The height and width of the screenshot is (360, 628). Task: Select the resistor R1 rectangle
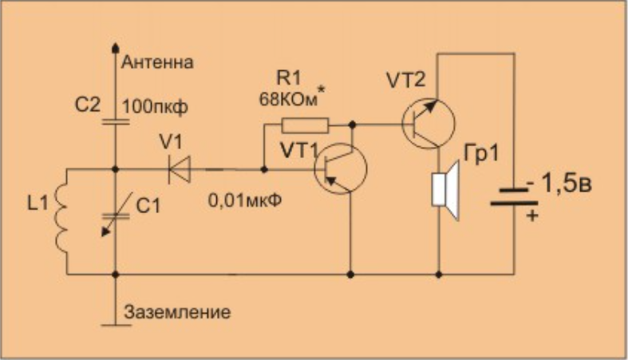305,125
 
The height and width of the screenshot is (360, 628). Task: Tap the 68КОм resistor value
290,101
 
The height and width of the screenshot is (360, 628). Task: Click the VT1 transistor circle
341,169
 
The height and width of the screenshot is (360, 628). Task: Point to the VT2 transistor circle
429,124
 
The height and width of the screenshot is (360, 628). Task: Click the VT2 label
406,79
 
